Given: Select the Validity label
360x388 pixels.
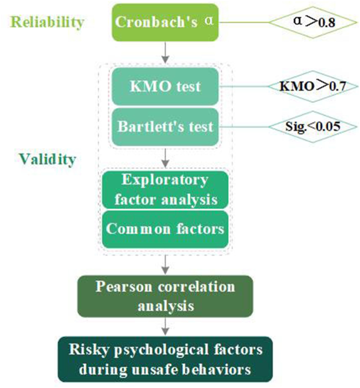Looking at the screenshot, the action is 47,159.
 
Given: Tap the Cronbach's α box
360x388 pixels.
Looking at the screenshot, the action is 165,22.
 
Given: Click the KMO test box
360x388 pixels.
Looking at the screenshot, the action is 165,86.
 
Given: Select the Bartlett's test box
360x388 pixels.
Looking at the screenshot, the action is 165,127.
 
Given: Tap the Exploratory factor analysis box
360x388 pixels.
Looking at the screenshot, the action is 165,189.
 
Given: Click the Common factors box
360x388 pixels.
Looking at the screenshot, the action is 165,229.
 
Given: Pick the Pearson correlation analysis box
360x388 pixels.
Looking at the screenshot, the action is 165,296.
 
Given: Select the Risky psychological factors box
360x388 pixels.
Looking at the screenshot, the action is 165,359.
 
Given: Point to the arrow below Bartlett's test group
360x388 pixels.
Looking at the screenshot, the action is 165,157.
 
